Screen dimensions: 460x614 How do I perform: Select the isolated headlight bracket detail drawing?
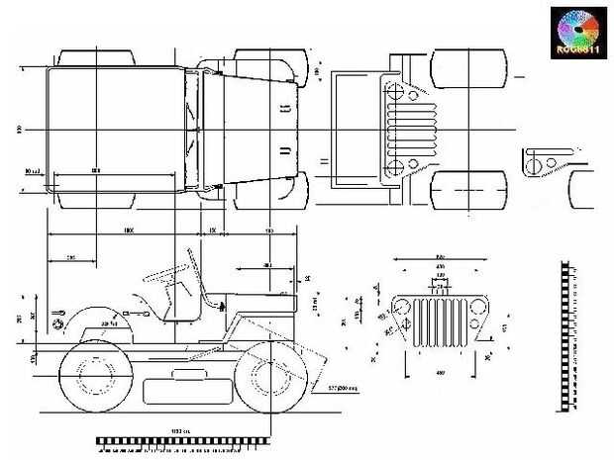[542, 159]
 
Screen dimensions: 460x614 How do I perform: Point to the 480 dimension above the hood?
[266, 265]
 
